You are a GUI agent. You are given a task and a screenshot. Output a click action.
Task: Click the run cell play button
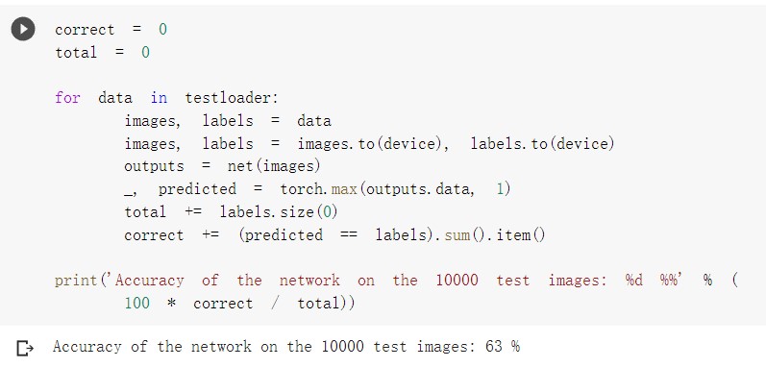tap(22, 30)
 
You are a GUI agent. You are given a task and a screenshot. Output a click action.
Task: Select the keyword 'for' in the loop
tap(67, 98)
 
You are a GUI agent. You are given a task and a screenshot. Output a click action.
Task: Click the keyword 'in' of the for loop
tap(159, 98)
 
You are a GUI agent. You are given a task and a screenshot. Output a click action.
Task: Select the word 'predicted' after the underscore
tap(197, 189)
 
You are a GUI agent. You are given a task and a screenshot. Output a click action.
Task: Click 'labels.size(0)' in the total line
tap(279, 211)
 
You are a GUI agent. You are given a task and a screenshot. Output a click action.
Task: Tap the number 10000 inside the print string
tap(457, 281)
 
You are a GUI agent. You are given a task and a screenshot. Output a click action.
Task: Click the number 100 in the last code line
tap(136, 304)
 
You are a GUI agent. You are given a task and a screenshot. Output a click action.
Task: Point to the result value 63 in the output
tap(494, 347)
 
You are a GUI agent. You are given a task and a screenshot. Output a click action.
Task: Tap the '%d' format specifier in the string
tap(634, 281)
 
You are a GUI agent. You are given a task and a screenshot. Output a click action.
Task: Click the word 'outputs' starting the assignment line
tap(154, 166)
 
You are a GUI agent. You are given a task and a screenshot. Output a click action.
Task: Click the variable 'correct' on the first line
tap(84, 30)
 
